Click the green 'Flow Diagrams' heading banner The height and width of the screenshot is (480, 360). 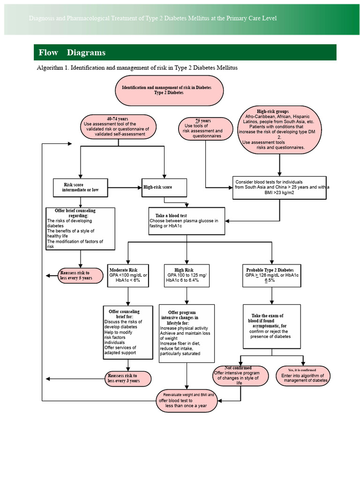tap(185, 52)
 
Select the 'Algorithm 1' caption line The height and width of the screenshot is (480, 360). tap(137, 68)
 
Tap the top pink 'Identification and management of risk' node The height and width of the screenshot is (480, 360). tap(169, 90)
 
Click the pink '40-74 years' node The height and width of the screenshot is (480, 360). tap(118, 127)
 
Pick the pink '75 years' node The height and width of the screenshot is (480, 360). tap(206, 128)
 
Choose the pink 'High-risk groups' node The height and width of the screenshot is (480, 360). tap(280, 130)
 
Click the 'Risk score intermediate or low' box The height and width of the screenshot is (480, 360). tap(81, 187)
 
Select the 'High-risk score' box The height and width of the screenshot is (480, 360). tap(165, 187)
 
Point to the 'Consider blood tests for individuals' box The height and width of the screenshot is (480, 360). tap(279, 187)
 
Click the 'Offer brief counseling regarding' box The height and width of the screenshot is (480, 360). tap(81, 229)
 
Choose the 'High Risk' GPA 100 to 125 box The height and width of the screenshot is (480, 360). tap(187, 276)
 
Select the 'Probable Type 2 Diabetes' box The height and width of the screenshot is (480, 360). tap(272, 276)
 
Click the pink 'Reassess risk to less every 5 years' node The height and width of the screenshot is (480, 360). tap(81, 275)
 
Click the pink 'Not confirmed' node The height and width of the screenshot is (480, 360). tap(241, 376)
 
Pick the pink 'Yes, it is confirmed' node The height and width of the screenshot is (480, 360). tap(303, 376)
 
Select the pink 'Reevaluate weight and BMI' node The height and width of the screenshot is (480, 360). tap(187, 400)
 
